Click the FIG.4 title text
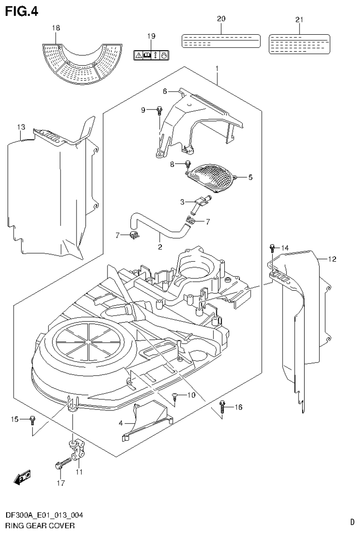(x=21, y=10)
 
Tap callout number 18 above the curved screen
(x=56, y=29)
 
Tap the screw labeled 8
(x=188, y=164)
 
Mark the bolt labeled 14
(x=272, y=247)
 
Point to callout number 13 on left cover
(x=20, y=127)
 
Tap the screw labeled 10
(x=175, y=396)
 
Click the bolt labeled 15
(x=32, y=419)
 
